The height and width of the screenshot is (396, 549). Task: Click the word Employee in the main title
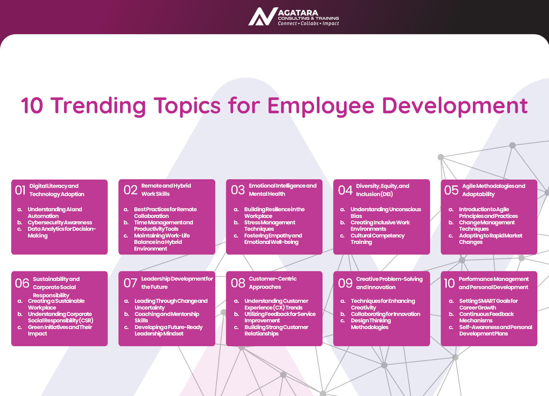click(x=321, y=106)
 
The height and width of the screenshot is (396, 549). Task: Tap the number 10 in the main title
click(x=32, y=105)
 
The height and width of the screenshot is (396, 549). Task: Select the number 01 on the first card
click(x=20, y=190)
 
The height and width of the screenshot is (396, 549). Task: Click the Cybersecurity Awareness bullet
click(x=60, y=223)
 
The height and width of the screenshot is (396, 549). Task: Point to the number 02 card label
click(x=130, y=190)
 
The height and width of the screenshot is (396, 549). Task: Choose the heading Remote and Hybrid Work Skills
click(x=166, y=190)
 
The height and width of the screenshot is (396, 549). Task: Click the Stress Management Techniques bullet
click(x=270, y=225)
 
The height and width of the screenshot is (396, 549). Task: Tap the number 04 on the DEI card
click(x=345, y=190)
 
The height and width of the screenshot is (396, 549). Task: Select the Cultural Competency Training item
click(x=377, y=239)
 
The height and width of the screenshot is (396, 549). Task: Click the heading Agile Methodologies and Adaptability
click(x=494, y=190)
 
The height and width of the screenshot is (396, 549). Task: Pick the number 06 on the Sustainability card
click(x=22, y=283)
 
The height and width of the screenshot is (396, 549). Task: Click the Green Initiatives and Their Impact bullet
click(x=60, y=330)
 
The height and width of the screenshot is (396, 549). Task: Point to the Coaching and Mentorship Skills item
click(x=167, y=317)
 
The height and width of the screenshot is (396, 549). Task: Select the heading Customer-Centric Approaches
click(x=273, y=283)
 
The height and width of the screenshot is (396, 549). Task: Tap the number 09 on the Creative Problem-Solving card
click(x=345, y=283)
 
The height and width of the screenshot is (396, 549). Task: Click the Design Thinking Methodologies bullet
click(x=371, y=323)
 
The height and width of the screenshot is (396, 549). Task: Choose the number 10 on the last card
click(x=449, y=283)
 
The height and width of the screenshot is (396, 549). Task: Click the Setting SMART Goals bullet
click(x=489, y=304)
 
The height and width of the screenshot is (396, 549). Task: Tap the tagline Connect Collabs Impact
click(x=308, y=23)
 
